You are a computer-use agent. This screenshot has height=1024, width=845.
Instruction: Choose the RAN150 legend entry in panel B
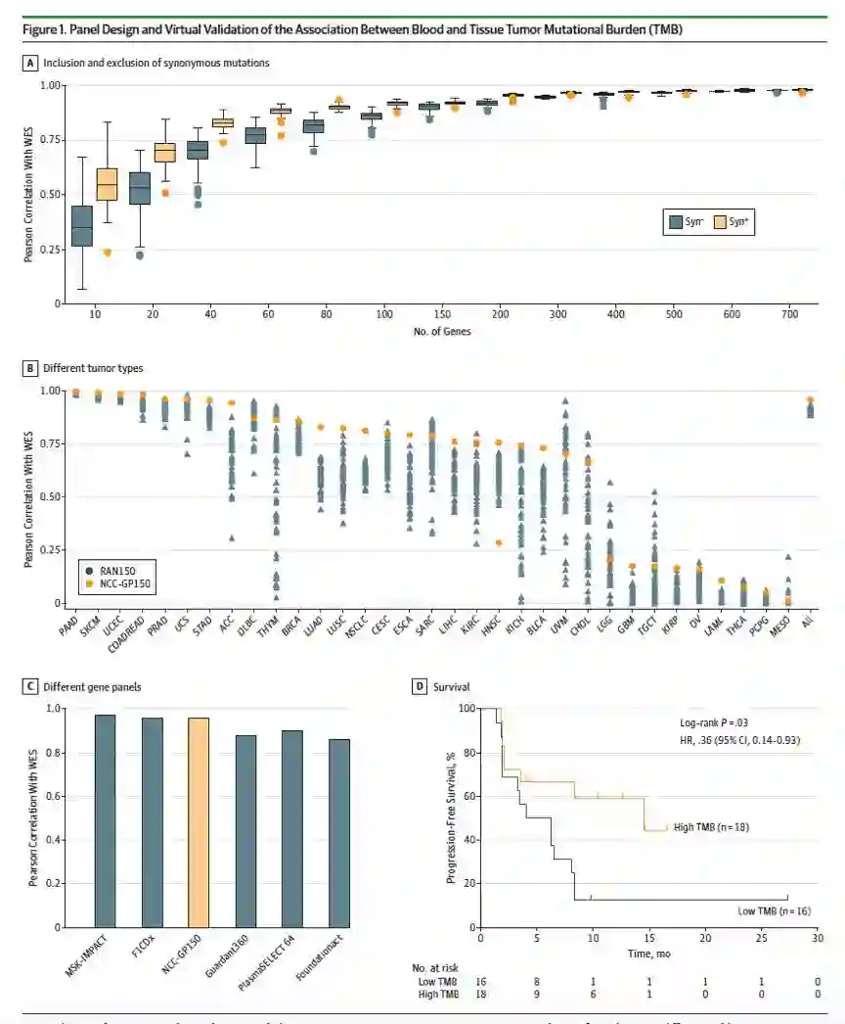click(111, 569)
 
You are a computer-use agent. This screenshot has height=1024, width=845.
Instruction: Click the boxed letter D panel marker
click(422, 686)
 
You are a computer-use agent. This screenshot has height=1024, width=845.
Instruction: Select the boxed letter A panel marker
click(32, 63)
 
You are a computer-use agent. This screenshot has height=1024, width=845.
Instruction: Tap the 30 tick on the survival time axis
click(817, 937)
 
